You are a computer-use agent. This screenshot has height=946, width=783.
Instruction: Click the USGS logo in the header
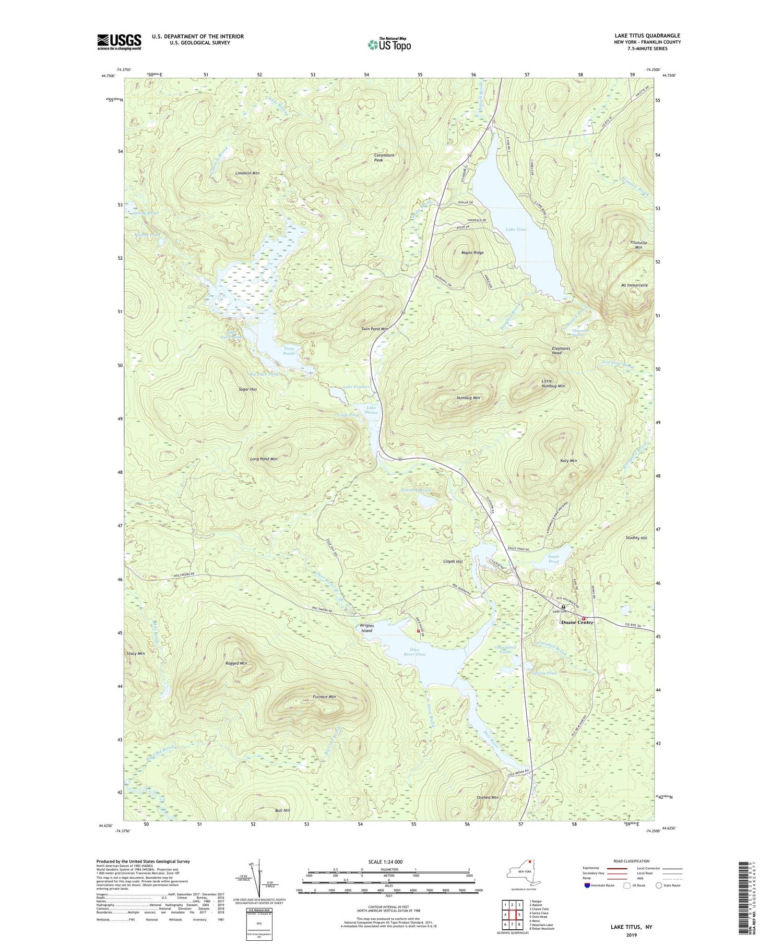(118, 42)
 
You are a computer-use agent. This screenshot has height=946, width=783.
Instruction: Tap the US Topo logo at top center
(389, 44)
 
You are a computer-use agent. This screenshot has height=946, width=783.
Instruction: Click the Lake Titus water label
(516, 230)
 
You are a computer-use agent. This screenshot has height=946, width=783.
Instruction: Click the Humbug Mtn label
(468, 398)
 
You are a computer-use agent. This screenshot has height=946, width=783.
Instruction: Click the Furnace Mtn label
(324, 697)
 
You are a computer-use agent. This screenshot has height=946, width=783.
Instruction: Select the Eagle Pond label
(554, 559)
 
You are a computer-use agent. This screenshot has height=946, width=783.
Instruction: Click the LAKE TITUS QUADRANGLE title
(647, 35)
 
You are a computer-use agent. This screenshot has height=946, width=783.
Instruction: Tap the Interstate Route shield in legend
(587, 885)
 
